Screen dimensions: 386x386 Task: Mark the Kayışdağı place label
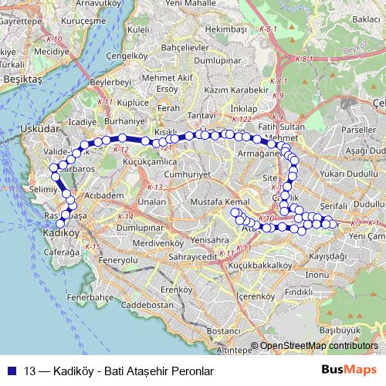pyautogui.click(x=327, y=255)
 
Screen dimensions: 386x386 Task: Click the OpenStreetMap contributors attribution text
pyautogui.click(x=321, y=347)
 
